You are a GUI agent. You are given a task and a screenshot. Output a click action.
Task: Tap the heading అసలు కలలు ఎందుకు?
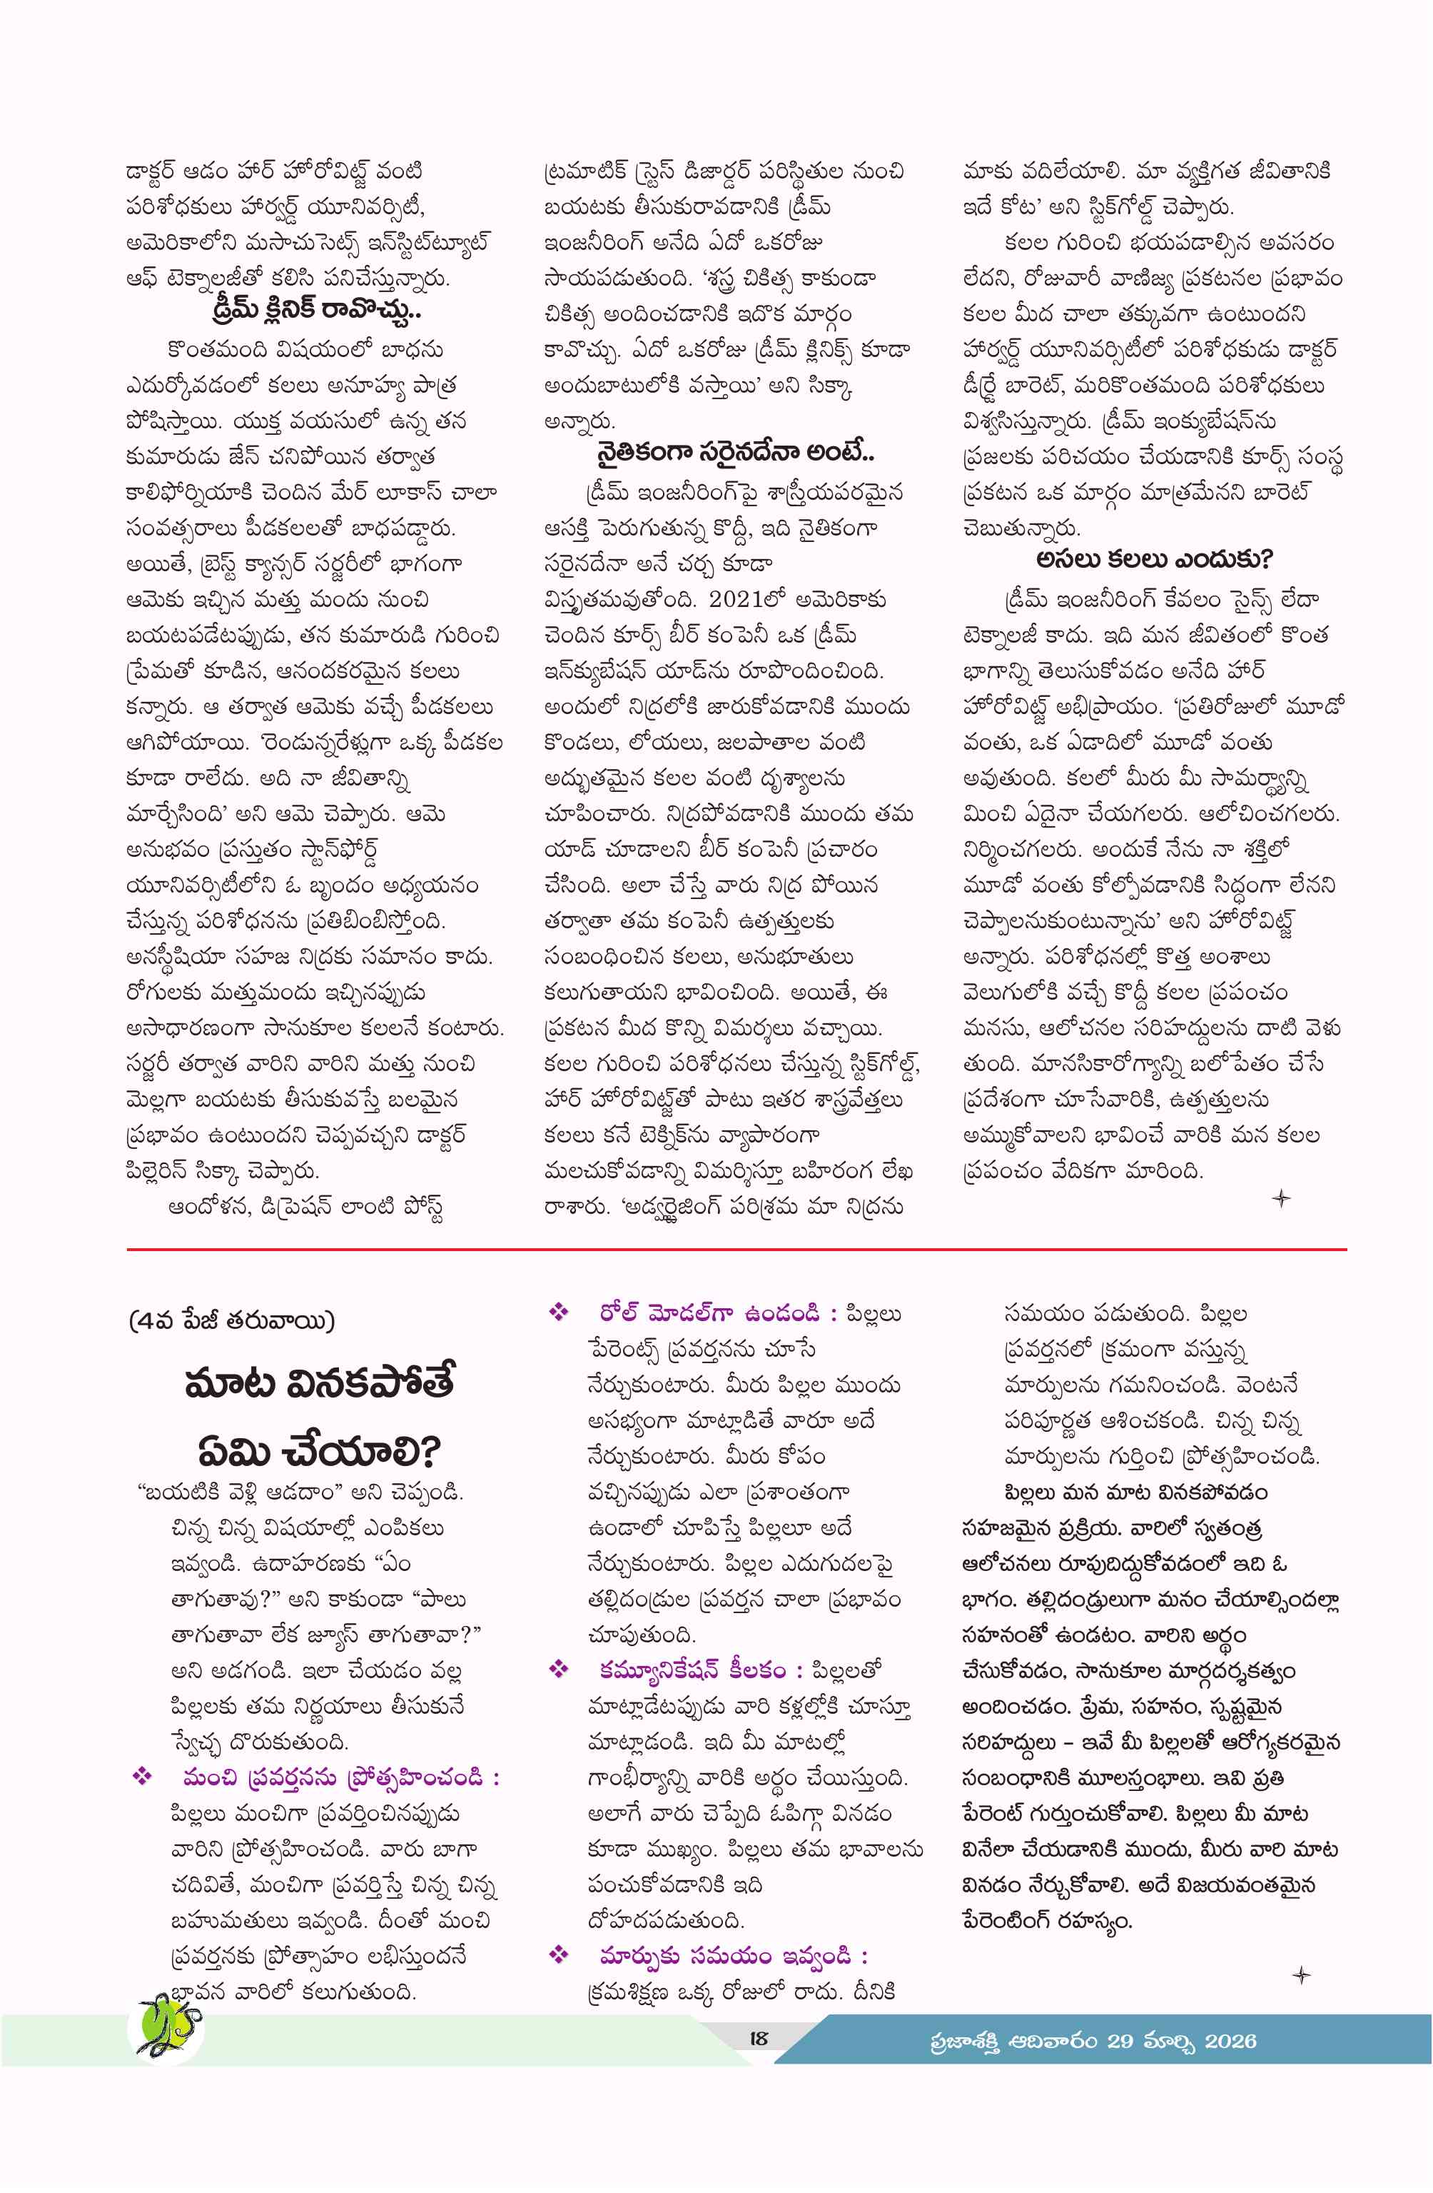(x=1153, y=559)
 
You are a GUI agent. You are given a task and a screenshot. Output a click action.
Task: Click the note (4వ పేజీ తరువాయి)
(x=232, y=1320)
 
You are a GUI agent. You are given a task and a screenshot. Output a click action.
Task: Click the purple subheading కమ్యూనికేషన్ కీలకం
(x=692, y=1669)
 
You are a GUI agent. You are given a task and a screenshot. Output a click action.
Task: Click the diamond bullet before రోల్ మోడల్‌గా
(x=558, y=1312)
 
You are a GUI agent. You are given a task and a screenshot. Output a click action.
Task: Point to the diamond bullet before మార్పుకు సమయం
(x=558, y=1954)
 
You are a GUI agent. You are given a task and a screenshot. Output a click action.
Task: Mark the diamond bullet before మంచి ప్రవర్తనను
(x=142, y=1777)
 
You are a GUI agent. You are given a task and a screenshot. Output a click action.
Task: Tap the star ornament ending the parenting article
(x=1300, y=1974)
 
